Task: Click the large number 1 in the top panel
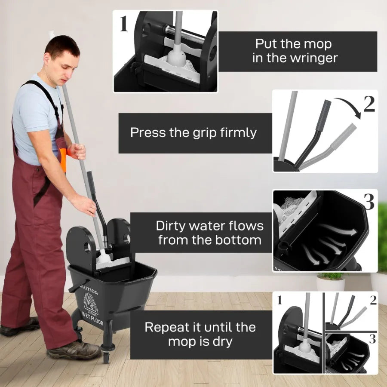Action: click(x=124, y=24)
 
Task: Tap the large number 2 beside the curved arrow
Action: click(x=369, y=104)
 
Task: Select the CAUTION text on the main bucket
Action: click(x=88, y=292)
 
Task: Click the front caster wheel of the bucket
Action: click(x=106, y=356)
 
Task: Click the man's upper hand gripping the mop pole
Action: click(x=77, y=151)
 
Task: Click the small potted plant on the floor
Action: click(x=330, y=281)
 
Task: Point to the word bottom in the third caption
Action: click(x=240, y=240)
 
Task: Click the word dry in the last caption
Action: click(x=222, y=342)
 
